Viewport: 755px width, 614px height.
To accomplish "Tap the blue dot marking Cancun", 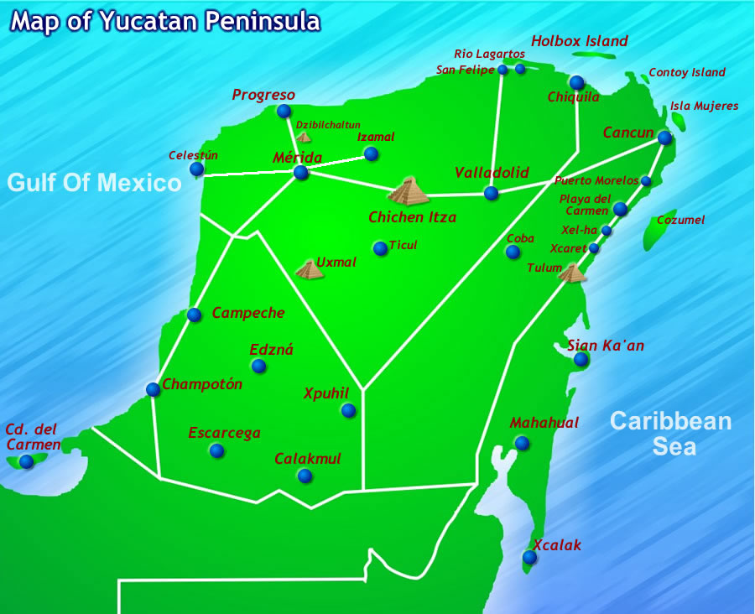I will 664,138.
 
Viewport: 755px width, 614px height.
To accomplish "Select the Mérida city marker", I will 300,173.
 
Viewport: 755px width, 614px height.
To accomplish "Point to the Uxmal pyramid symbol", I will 309,269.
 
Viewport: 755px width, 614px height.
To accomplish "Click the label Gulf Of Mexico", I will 95,182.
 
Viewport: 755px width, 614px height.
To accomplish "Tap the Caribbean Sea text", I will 671,433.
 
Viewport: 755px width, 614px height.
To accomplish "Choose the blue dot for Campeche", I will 195,315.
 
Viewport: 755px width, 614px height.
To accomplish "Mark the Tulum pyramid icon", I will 572,273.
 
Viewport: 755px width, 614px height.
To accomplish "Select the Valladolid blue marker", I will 491,193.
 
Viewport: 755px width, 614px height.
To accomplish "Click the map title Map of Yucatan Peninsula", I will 165,21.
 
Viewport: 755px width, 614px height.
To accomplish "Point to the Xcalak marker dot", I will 529,557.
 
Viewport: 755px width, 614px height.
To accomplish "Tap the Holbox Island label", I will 580,41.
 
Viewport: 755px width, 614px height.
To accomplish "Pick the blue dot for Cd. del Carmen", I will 27,461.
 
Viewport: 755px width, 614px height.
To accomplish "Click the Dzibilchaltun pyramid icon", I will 304,137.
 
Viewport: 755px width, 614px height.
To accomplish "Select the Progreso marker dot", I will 284,111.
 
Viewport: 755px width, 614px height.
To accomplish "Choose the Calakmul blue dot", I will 305,476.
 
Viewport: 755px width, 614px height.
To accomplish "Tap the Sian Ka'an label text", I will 606,345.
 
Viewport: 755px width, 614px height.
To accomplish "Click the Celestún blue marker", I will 196,169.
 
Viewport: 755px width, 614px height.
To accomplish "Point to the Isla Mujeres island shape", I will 678,122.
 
